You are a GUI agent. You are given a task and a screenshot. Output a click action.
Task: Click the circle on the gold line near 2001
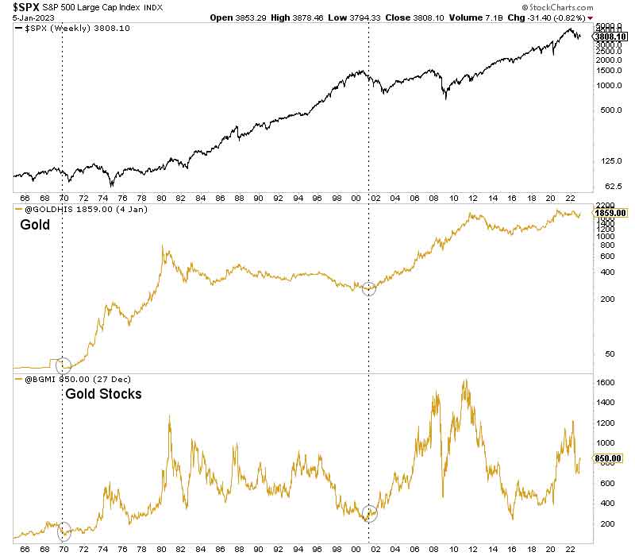(x=369, y=289)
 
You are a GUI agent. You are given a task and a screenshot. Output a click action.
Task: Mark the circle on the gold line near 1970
(x=63, y=365)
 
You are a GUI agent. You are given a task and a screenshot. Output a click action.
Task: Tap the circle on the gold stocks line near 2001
(x=369, y=513)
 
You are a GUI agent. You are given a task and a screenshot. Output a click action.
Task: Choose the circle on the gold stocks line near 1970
(x=63, y=531)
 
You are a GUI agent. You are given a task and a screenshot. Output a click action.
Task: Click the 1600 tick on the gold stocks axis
(x=606, y=382)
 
